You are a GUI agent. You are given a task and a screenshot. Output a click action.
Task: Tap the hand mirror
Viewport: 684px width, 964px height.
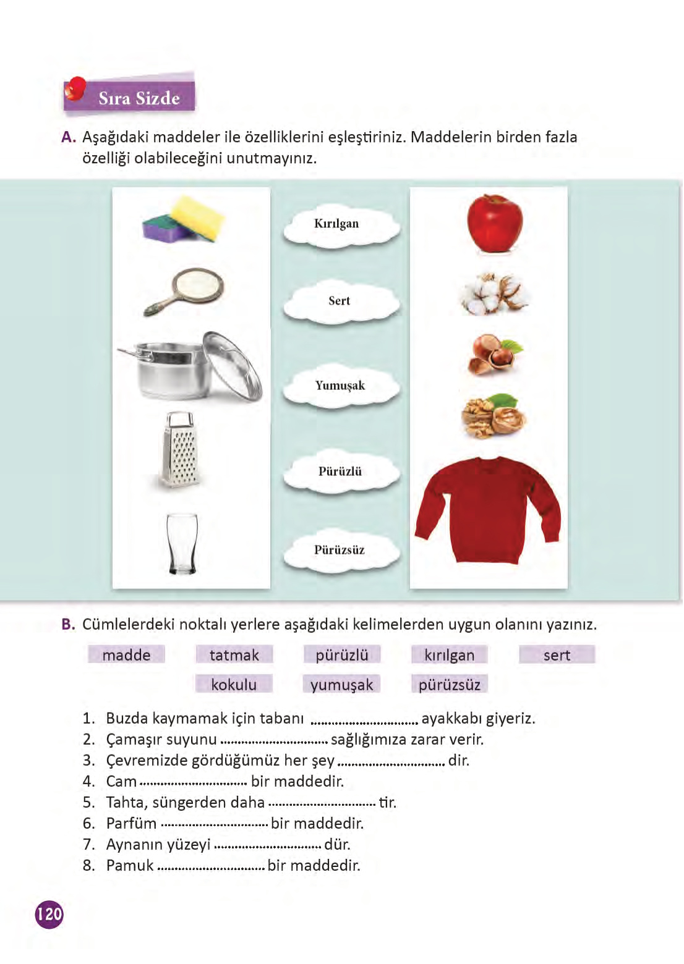186,292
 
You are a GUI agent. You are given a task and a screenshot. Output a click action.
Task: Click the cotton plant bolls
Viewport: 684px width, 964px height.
495,294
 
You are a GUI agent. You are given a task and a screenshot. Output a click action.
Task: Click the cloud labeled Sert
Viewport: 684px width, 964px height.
340,302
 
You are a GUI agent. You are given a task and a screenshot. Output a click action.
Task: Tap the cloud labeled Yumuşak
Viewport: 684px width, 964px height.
340,386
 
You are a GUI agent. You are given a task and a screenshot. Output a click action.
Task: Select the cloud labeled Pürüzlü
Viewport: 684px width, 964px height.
340,472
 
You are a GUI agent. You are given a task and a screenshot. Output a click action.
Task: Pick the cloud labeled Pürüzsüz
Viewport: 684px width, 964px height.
340,551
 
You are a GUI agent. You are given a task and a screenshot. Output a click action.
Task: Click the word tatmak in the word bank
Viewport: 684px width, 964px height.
234,655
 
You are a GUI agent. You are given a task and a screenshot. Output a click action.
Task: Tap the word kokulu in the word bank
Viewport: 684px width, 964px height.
234,685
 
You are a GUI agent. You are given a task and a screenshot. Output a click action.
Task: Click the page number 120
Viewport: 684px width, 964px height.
49,914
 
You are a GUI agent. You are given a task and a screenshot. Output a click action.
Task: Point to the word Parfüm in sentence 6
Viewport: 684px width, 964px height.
131,824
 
